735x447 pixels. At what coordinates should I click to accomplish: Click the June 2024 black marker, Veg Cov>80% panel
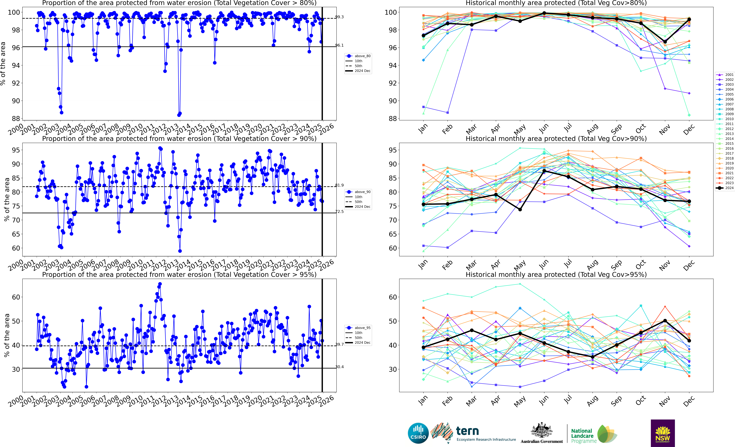544,13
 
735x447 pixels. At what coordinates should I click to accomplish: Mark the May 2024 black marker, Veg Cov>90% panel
520,210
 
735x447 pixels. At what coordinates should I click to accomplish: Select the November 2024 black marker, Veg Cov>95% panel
665,321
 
